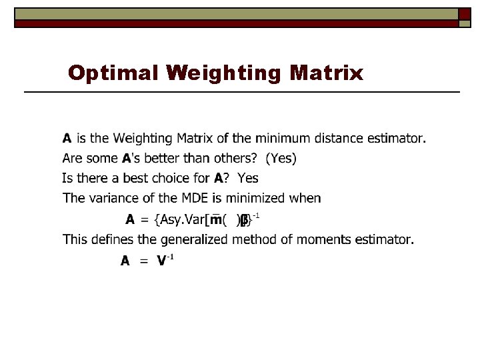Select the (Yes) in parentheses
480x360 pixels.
281,159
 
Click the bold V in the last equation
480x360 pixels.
161,261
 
